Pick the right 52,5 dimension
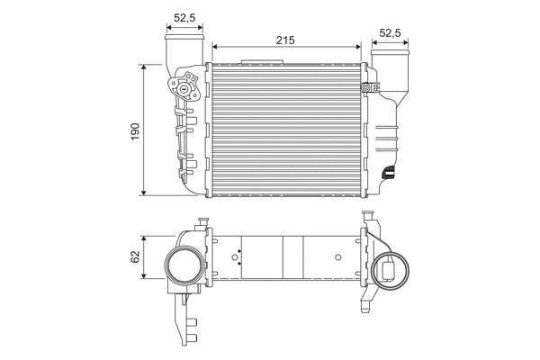391,33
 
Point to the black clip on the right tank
388,172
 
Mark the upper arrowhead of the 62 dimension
144,235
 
